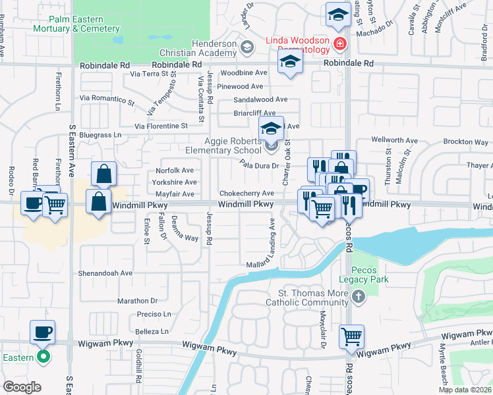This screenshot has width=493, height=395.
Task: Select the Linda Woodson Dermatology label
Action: click(297, 45)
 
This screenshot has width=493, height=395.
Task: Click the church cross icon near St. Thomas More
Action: click(358, 298)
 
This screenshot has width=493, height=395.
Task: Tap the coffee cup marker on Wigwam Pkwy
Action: click(43, 332)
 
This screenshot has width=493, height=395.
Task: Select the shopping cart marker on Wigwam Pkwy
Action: click(351, 336)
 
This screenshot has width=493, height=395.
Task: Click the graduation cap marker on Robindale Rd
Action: click(289, 64)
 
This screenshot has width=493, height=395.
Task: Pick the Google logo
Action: click(22, 387)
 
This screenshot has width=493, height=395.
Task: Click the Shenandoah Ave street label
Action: click(106, 273)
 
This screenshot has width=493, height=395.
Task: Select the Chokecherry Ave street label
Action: click(246, 194)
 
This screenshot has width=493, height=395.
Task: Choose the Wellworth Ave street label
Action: click(395, 140)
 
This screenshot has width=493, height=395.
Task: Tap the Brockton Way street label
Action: click(466, 142)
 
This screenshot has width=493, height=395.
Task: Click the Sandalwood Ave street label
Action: click(261, 99)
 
